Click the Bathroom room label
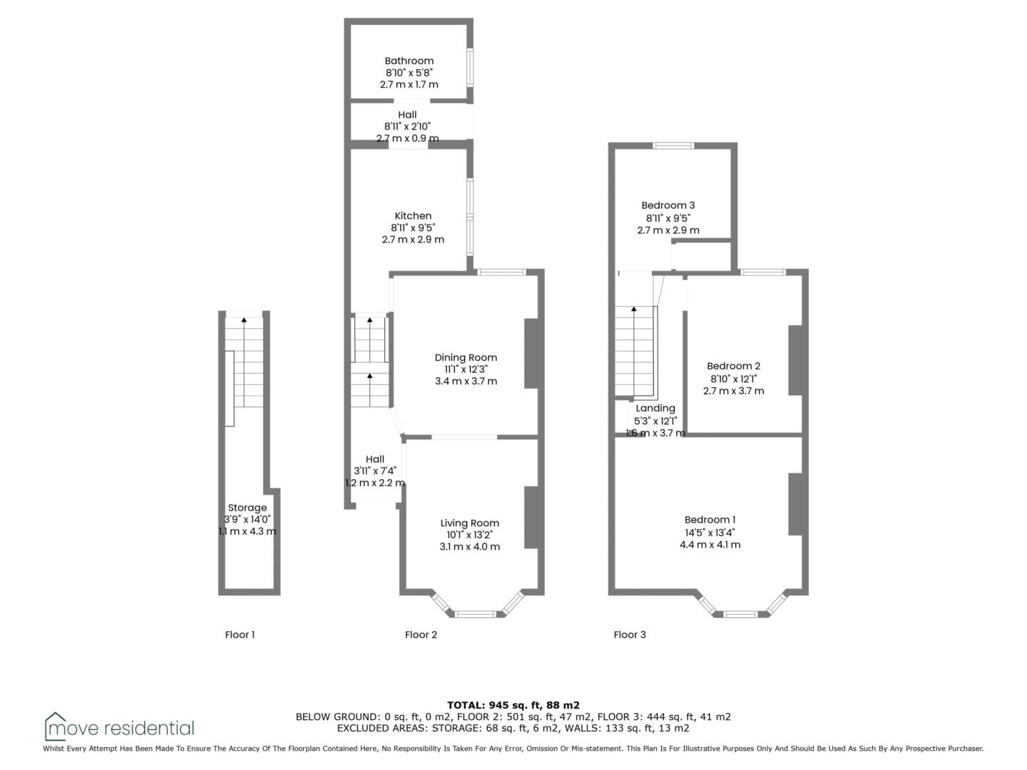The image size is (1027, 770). [409, 61]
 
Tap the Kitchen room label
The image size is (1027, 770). [413, 216]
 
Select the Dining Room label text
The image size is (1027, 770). [466, 358]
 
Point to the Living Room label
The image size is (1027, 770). [469, 523]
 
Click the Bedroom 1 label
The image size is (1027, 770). [710, 520]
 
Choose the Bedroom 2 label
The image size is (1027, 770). [733, 366]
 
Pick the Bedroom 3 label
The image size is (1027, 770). [668, 205]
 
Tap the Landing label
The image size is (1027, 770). [655, 409]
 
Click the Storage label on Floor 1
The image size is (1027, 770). [247, 508]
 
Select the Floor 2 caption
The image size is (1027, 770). [421, 635]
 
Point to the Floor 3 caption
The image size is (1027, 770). [629, 635]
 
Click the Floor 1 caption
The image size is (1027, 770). [240, 635]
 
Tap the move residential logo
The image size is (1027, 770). [119, 727]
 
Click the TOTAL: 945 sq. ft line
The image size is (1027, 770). [513, 705]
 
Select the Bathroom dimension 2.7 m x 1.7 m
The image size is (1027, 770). [409, 85]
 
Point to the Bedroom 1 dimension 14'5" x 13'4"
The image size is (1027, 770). [710, 532]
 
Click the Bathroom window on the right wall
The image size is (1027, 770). [470, 68]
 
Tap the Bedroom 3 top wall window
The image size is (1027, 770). [673, 145]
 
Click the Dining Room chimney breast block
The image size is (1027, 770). [531, 354]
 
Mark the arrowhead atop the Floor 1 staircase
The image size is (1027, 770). [244, 320]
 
